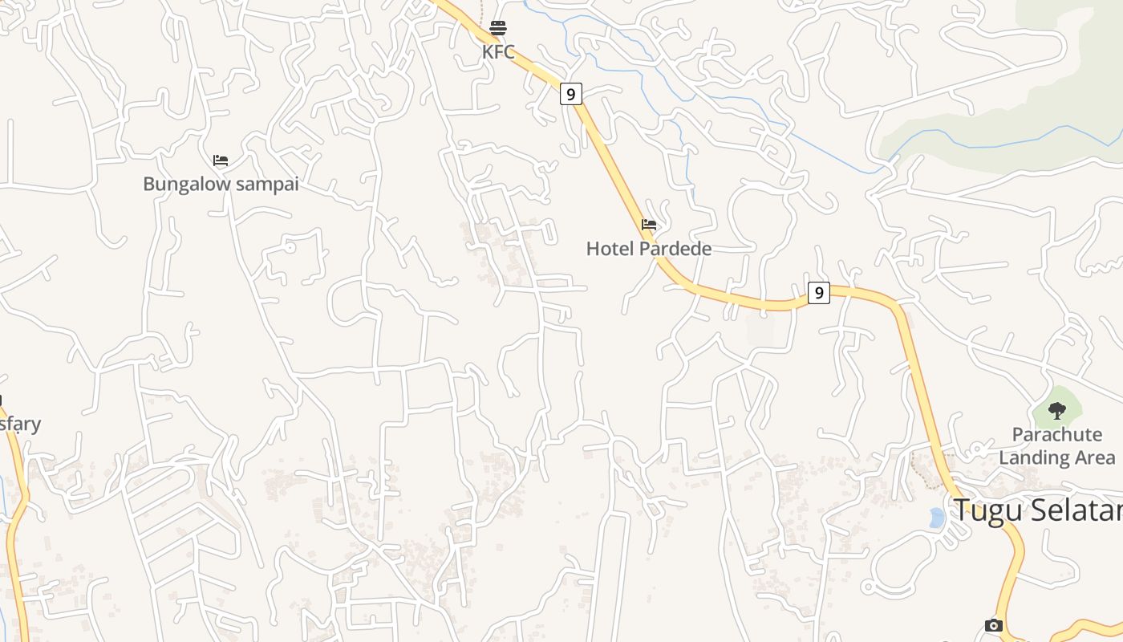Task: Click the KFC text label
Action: tap(498, 52)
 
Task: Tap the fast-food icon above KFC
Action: tap(498, 29)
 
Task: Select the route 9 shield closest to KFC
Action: tap(570, 94)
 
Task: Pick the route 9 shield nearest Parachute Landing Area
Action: tap(818, 293)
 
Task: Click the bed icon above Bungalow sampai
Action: tap(221, 160)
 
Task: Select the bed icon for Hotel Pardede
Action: tap(649, 225)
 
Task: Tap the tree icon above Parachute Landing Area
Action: tap(1057, 411)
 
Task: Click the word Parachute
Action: tap(1057, 435)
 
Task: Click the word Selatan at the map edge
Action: tap(1080, 510)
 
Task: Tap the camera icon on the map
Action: tap(994, 625)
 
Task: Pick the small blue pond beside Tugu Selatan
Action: tap(936, 518)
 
